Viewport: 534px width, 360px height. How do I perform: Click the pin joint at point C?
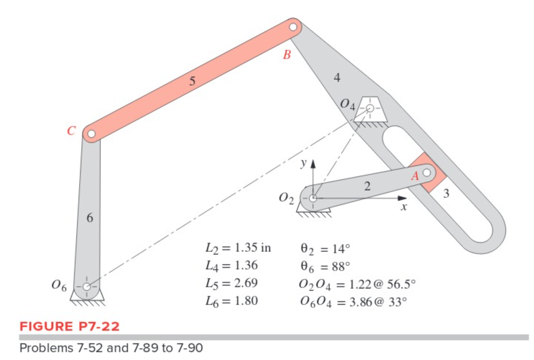(91, 133)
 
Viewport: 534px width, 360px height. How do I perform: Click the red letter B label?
(287, 55)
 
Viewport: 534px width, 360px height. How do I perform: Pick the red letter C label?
(71, 131)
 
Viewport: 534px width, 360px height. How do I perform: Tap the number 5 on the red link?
(192, 81)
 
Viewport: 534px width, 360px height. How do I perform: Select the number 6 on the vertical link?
(90, 218)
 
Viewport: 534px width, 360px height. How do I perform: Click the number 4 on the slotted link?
(337, 77)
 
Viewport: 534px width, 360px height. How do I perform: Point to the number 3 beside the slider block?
(446, 194)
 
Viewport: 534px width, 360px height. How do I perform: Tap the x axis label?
(403, 208)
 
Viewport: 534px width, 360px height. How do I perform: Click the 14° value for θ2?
(340, 248)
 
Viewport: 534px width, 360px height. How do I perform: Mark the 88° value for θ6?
(339, 266)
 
